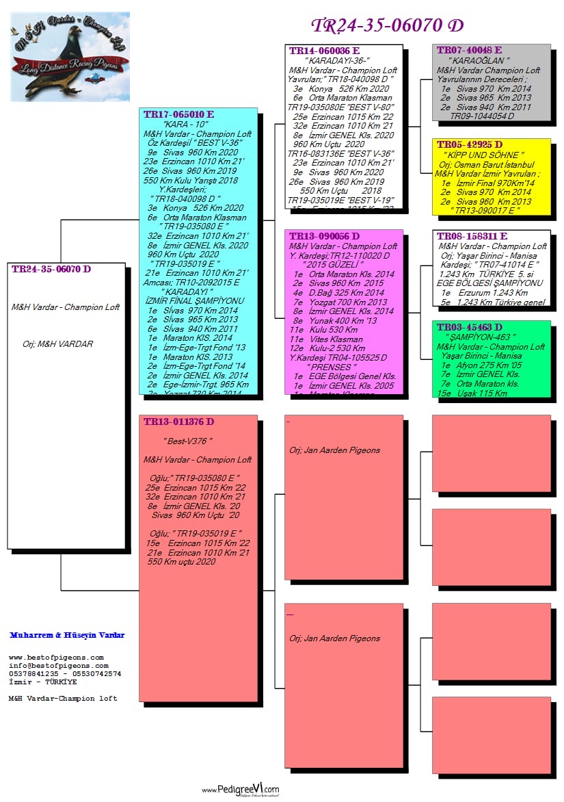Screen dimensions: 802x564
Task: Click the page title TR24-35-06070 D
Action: point(387,25)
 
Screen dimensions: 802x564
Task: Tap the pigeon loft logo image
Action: point(70,56)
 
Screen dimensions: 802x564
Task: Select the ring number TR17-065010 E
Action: point(178,114)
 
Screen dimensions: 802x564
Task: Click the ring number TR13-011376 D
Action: point(178,422)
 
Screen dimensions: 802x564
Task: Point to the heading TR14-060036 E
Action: point(324,51)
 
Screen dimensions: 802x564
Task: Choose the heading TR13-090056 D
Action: point(324,236)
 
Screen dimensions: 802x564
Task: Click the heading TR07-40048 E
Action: point(469,51)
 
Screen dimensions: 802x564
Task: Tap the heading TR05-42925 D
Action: point(469,145)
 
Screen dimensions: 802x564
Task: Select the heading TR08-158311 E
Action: point(472,236)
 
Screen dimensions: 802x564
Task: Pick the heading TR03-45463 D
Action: point(469,328)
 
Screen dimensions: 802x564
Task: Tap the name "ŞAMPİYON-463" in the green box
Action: point(480,337)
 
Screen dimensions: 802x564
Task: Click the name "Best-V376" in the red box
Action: point(188,441)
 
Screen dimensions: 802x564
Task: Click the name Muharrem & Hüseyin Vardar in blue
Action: point(67,635)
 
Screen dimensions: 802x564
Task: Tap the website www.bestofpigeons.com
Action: point(56,657)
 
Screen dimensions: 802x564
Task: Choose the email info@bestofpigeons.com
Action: point(58,665)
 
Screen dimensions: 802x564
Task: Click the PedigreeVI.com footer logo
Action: point(241,790)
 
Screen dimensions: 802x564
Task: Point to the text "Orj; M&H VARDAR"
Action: point(57,344)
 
